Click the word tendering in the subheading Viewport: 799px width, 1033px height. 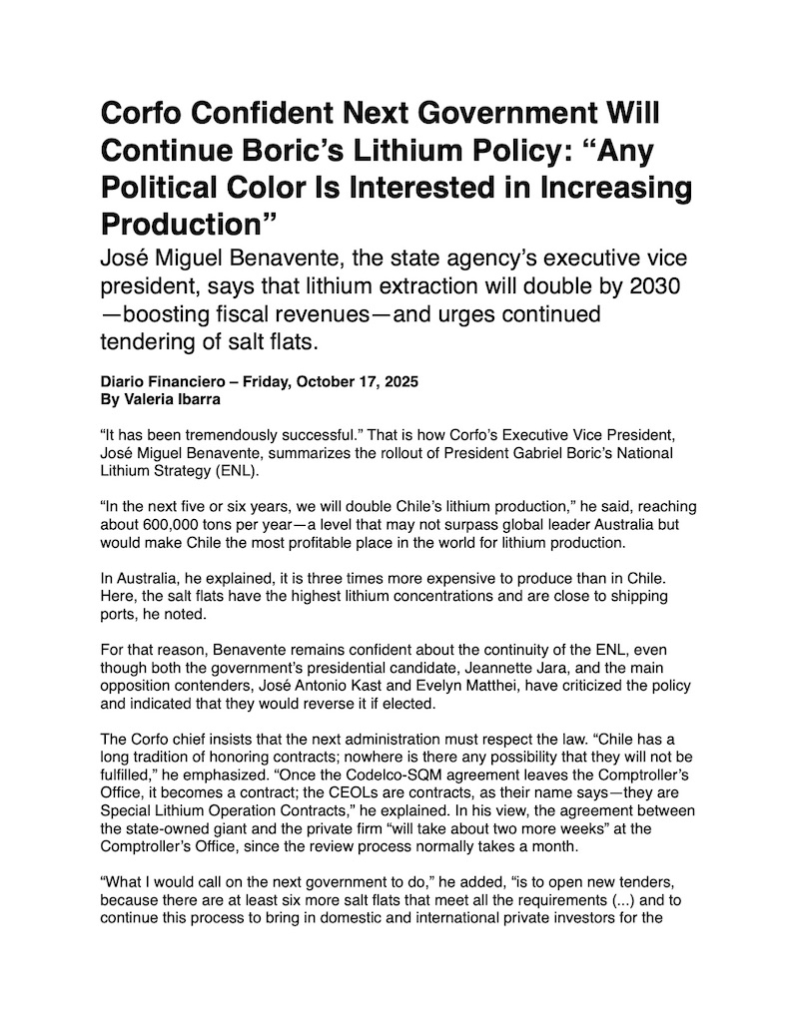(x=150, y=344)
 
